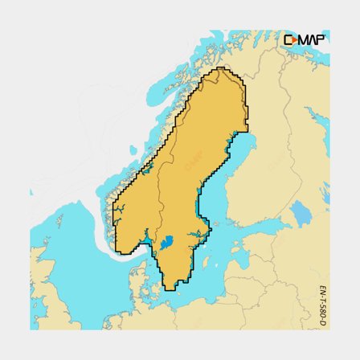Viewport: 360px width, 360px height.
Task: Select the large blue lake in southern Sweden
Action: coord(166,242)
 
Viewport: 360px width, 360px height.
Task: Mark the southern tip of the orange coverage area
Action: coord(171,287)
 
